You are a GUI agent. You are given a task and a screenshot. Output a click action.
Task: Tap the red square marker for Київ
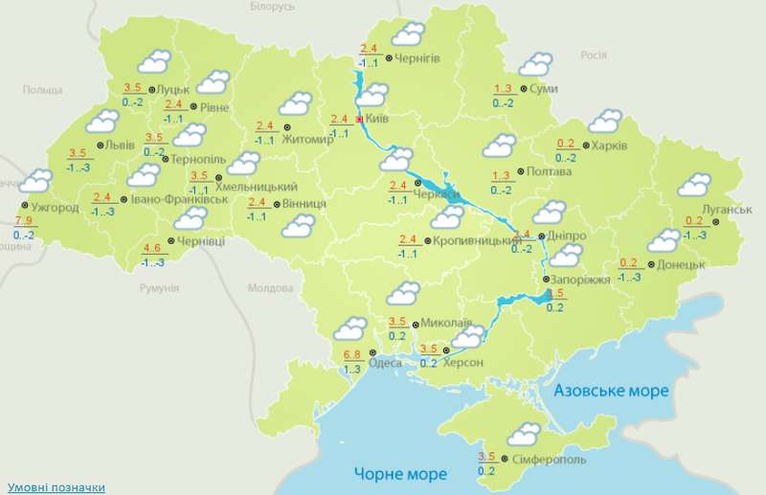tap(360, 120)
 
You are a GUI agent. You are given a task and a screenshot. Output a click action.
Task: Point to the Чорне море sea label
tap(400, 474)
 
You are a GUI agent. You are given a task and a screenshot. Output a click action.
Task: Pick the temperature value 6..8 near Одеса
tap(351, 358)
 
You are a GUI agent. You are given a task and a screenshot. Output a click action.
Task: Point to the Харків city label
tap(609, 146)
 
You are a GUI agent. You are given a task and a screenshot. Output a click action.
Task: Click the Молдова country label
tap(270, 287)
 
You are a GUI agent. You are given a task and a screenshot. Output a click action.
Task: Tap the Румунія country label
tap(158, 287)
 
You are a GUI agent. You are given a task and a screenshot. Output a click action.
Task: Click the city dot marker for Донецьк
tap(650, 263)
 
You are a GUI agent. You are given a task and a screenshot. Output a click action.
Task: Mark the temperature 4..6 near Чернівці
tap(151, 250)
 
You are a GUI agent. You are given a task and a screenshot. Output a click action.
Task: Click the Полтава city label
tap(550, 172)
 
